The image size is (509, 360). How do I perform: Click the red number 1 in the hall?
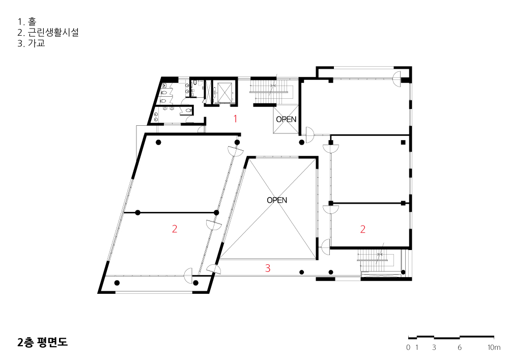235,119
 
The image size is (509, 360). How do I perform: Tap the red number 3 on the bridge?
268,268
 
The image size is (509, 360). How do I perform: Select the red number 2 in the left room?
174,229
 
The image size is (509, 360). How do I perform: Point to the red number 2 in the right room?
362,229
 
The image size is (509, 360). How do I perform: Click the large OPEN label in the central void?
277,200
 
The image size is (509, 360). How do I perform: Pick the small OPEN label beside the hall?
286,120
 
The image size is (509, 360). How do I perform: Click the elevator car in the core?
224,93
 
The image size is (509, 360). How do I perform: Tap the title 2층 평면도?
43,342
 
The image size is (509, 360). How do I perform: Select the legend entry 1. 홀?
27,22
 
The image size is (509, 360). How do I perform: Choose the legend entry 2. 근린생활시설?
48,33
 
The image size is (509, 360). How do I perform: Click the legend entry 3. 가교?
31,43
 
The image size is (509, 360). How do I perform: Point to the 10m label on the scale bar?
494,348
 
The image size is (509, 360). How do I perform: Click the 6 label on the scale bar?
459,348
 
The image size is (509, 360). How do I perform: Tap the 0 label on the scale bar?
408,348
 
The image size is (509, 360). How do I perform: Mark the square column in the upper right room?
403,142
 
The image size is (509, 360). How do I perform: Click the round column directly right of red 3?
301,272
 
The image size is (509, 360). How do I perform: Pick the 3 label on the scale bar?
434,348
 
